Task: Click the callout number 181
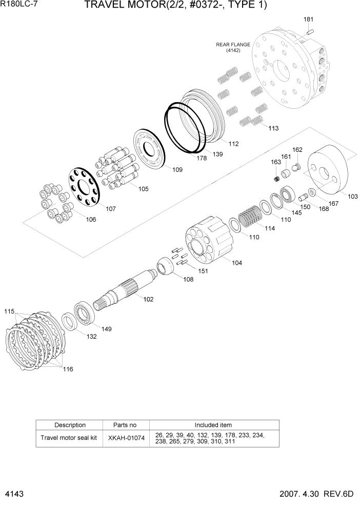[x=308, y=19]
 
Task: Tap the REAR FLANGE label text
[x=233, y=45]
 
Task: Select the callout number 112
[x=233, y=144]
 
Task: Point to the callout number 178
[x=202, y=159]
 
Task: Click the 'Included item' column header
[x=213, y=425]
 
